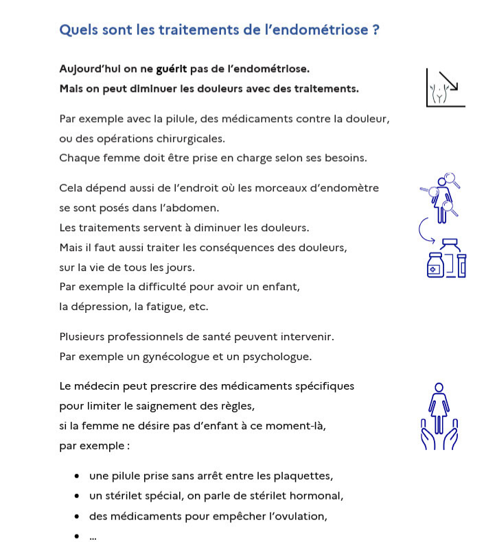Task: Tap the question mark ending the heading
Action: tap(375, 30)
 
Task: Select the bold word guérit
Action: tap(172, 69)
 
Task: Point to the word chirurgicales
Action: tap(188, 138)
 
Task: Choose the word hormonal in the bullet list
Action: tap(316, 495)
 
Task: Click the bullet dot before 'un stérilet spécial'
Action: tap(76, 496)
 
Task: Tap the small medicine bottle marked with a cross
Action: tap(435, 267)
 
